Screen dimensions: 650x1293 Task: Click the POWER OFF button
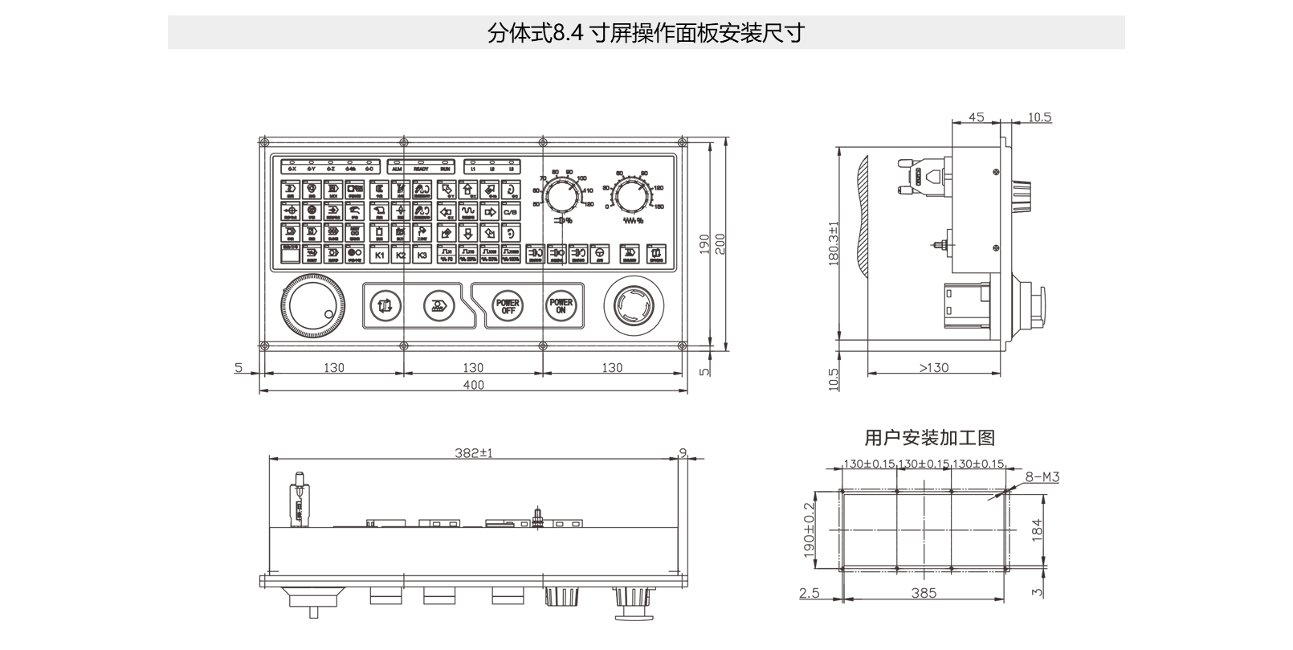(508, 306)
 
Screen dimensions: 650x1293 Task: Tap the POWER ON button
(561, 306)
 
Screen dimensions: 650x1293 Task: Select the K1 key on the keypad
(380, 256)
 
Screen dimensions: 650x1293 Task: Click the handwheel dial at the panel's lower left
(310, 307)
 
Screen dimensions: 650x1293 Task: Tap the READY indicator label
(421, 170)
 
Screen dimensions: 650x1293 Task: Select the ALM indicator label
(396, 170)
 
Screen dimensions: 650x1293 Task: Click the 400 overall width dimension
(474, 385)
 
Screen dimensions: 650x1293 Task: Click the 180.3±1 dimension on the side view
(833, 243)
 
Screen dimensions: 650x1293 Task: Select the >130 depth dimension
(933, 367)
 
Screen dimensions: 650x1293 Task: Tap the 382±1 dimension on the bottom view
(474, 453)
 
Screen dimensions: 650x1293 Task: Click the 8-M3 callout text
(1042, 476)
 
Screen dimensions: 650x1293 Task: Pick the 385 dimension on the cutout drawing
(924, 593)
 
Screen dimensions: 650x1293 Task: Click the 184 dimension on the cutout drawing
(1037, 529)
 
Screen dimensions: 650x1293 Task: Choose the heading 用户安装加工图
(929, 438)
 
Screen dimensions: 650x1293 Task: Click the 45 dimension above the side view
(976, 117)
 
